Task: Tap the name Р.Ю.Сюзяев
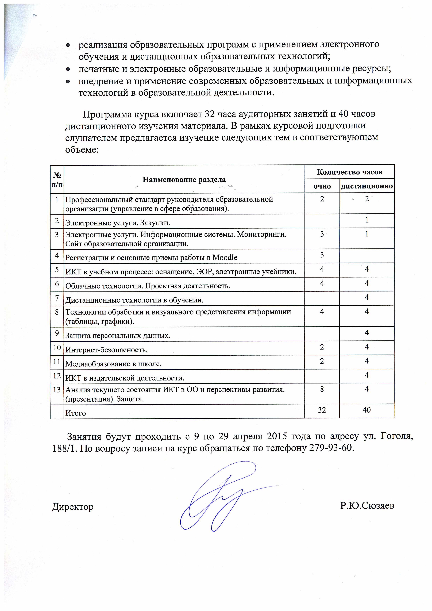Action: tap(367, 506)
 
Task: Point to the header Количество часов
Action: tap(349, 172)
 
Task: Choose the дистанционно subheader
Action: tap(367, 186)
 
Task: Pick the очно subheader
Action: tap(322, 186)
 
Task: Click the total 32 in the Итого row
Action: tap(322, 410)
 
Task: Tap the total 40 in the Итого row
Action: tap(367, 410)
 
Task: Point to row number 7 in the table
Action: tap(57, 298)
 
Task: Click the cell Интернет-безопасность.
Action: tap(106, 350)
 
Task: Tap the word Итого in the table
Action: tap(76, 413)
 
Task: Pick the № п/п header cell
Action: tap(57, 179)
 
